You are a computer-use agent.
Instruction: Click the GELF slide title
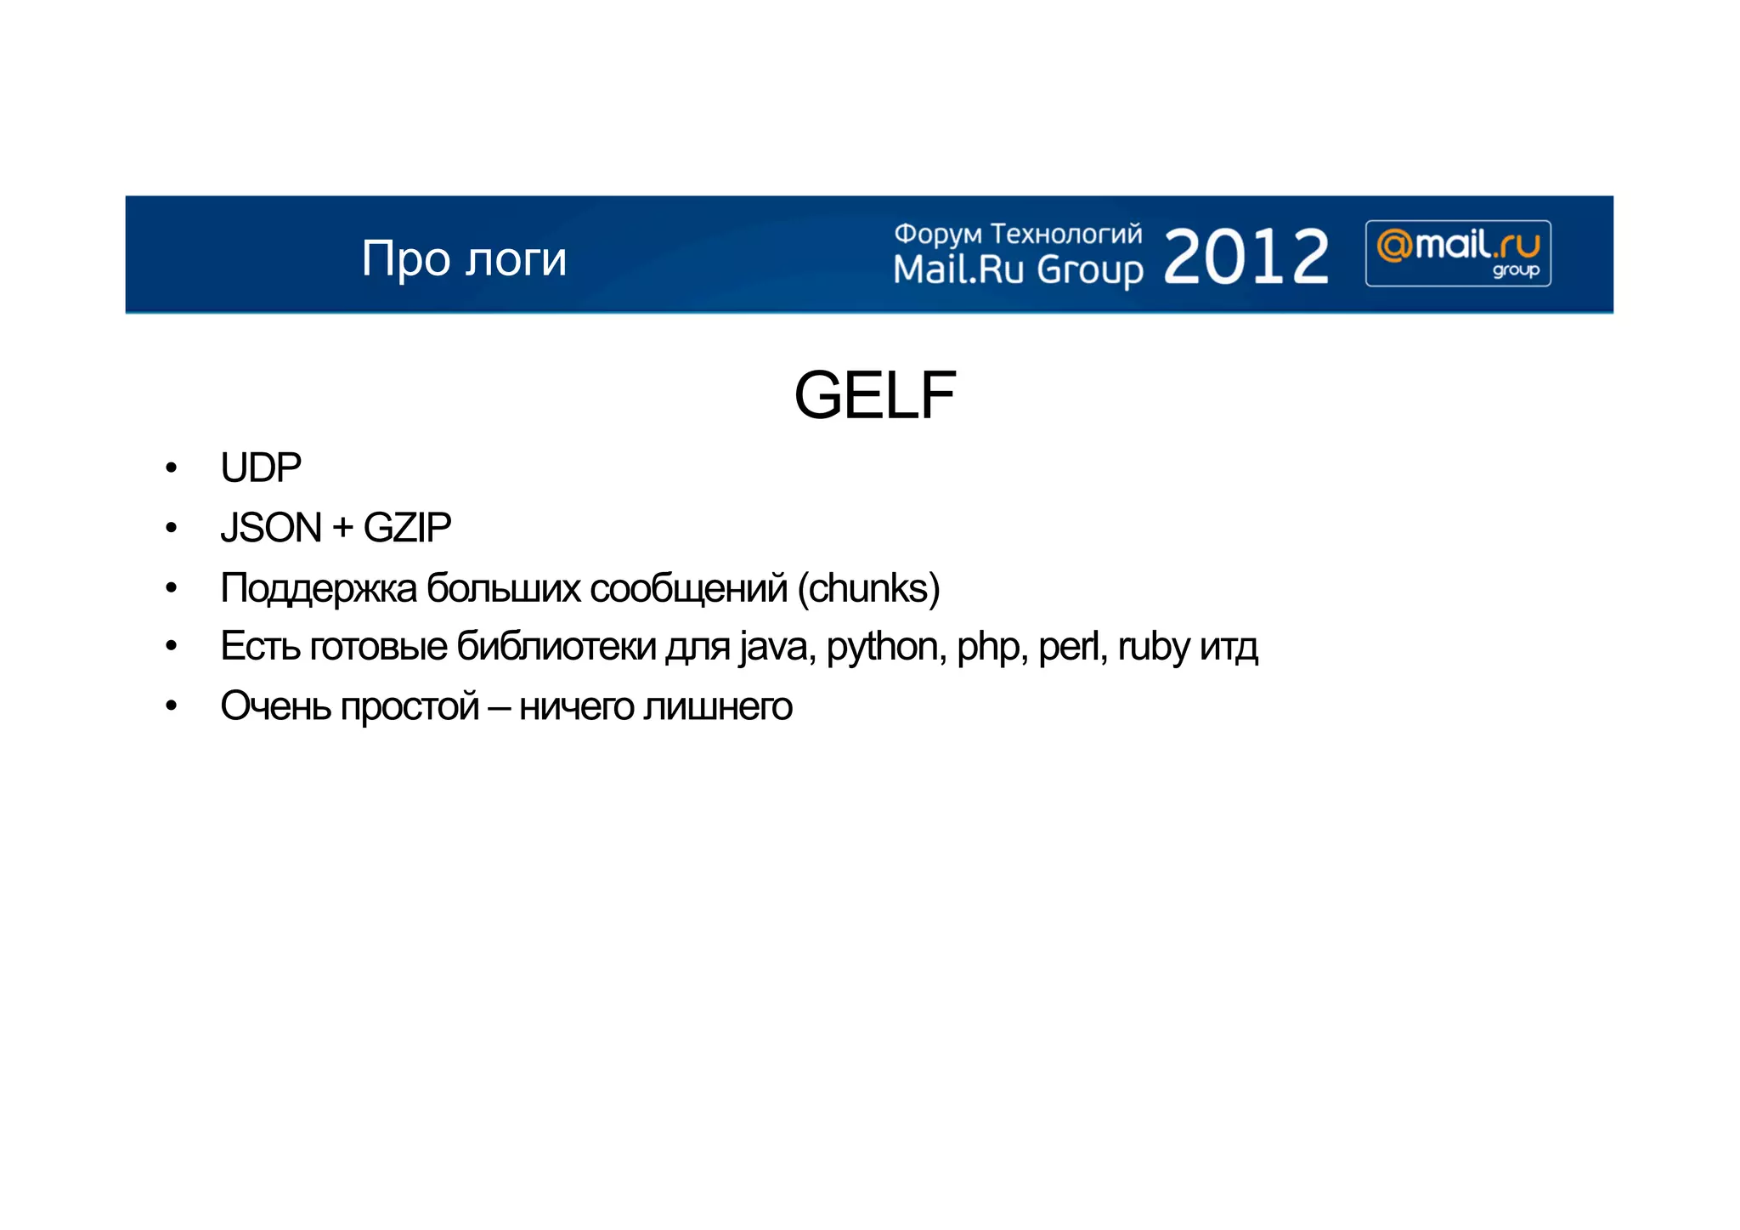point(874,395)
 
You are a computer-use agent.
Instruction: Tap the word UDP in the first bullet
point(261,468)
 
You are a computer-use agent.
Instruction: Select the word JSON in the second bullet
point(271,528)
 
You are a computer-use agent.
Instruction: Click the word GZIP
point(407,528)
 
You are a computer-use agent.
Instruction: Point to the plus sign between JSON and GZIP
point(342,529)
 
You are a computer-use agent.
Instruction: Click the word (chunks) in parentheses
point(868,588)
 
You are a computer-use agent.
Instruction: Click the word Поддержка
point(319,588)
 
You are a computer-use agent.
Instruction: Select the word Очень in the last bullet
point(275,706)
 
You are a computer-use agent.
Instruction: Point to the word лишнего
point(717,707)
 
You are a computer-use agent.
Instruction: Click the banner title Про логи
point(464,258)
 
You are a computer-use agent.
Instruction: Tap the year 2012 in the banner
point(1246,256)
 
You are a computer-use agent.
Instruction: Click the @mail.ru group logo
point(1458,253)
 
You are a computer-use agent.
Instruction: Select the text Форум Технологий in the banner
point(1018,233)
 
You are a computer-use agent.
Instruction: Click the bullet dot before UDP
point(172,468)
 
